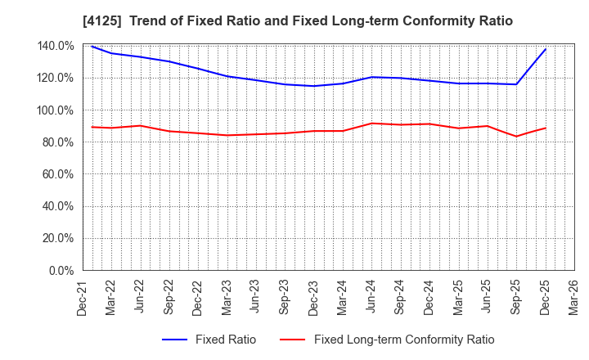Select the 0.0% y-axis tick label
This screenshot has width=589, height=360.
(x=61, y=271)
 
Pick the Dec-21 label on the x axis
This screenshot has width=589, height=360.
(x=83, y=297)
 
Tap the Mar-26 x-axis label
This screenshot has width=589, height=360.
(x=573, y=297)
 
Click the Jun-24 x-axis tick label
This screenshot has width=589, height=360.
(x=371, y=297)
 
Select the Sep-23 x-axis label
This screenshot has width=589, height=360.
(x=285, y=297)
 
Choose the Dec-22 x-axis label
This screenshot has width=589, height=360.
(x=198, y=297)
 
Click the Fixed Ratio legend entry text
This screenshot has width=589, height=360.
(x=226, y=340)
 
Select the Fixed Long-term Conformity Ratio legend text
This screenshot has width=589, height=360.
(x=404, y=340)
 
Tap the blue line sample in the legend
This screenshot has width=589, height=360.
(x=177, y=340)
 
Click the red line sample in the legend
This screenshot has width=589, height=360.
(x=294, y=340)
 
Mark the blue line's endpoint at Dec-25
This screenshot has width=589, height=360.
(x=546, y=49)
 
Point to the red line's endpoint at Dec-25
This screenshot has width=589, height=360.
(x=546, y=128)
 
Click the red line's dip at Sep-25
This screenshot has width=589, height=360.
(x=516, y=137)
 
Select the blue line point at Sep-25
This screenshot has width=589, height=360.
(x=516, y=84)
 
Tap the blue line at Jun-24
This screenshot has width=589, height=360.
(x=371, y=77)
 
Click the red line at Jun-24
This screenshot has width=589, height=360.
(x=371, y=124)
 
